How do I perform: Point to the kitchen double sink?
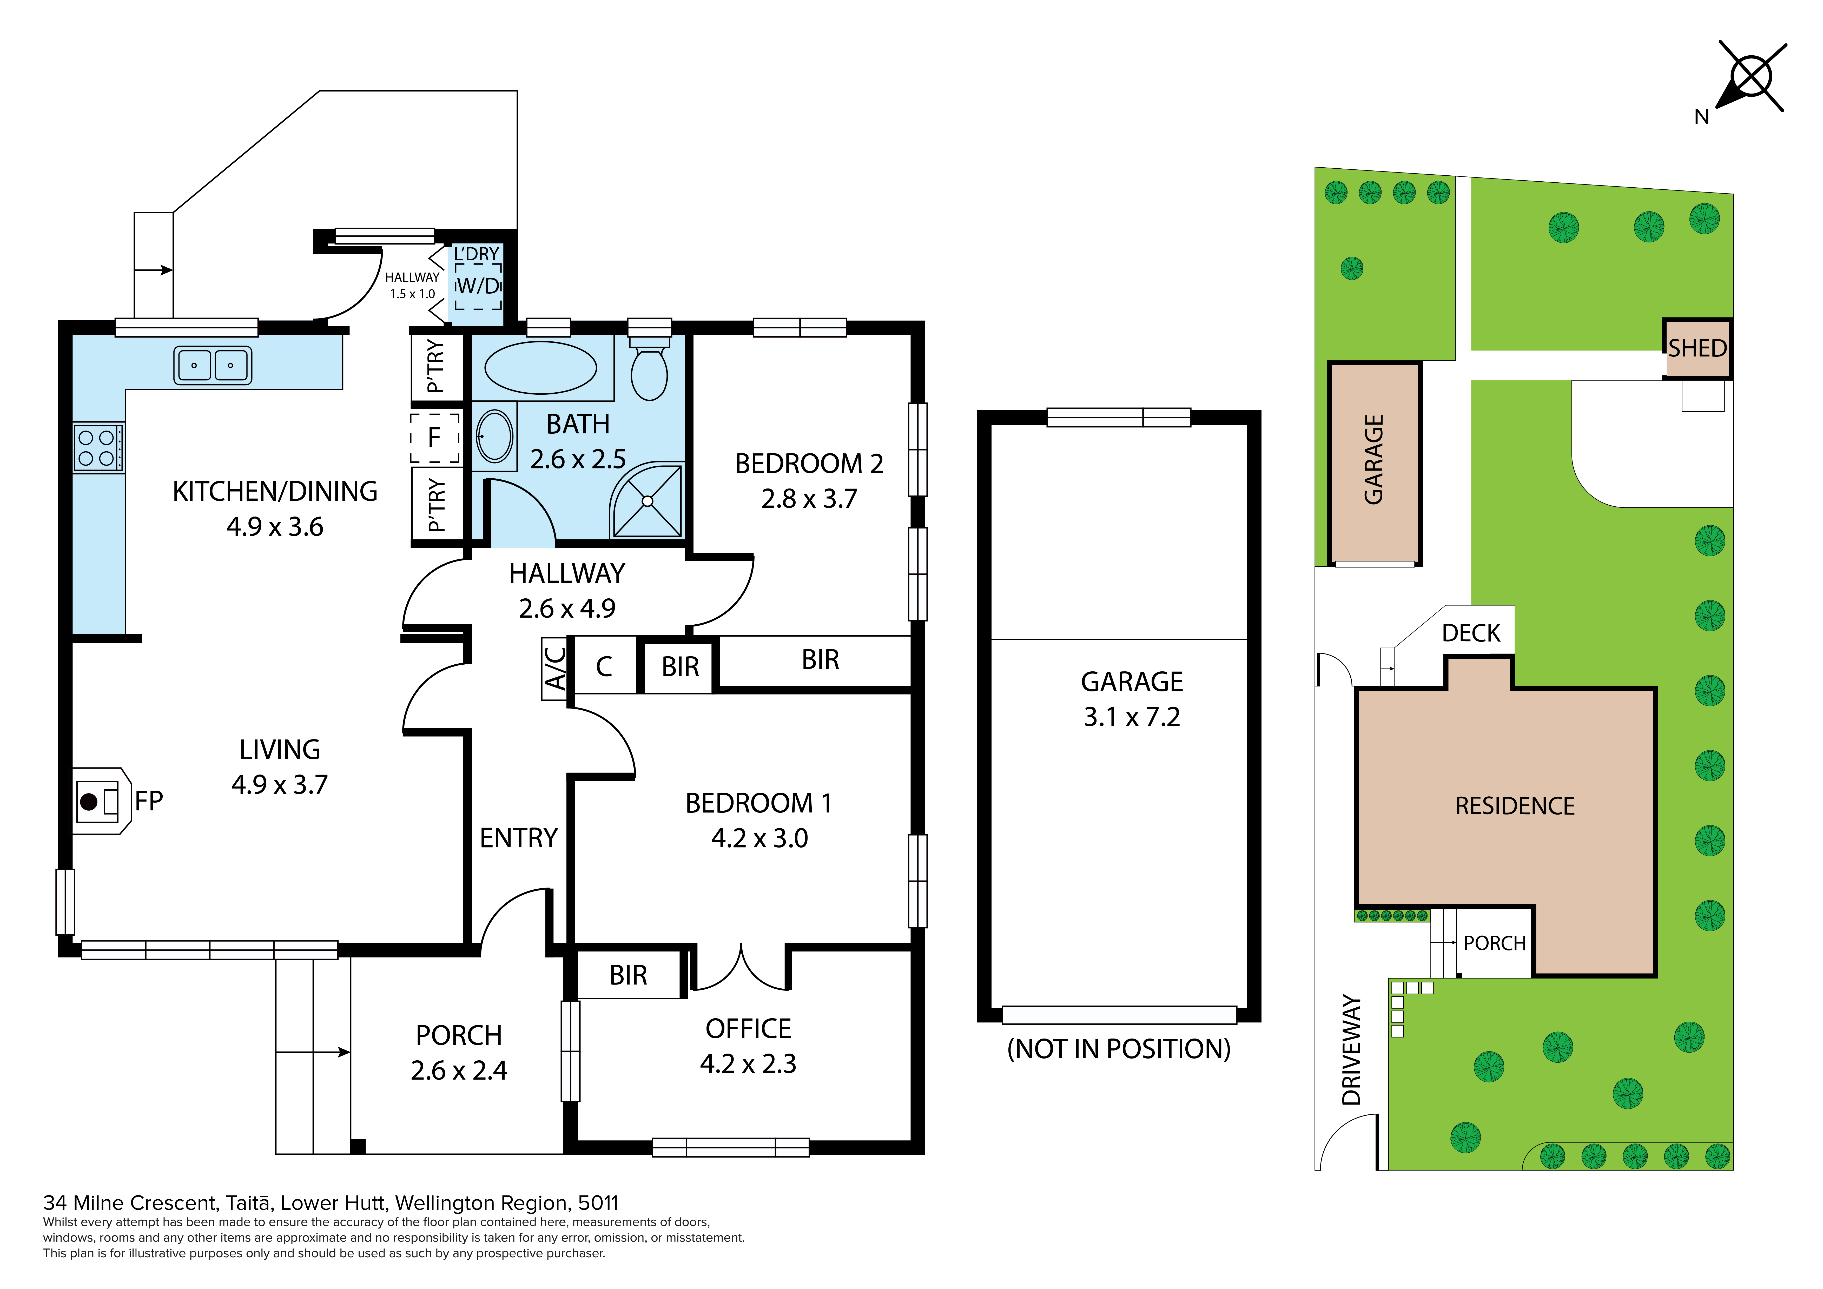[x=213, y=365]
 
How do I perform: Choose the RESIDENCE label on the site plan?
[x=1515, y=806]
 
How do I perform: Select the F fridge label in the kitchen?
[x=434, y=437]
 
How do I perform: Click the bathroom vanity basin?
[x=495, y=436]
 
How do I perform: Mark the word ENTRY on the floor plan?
[x=518, y=838]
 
